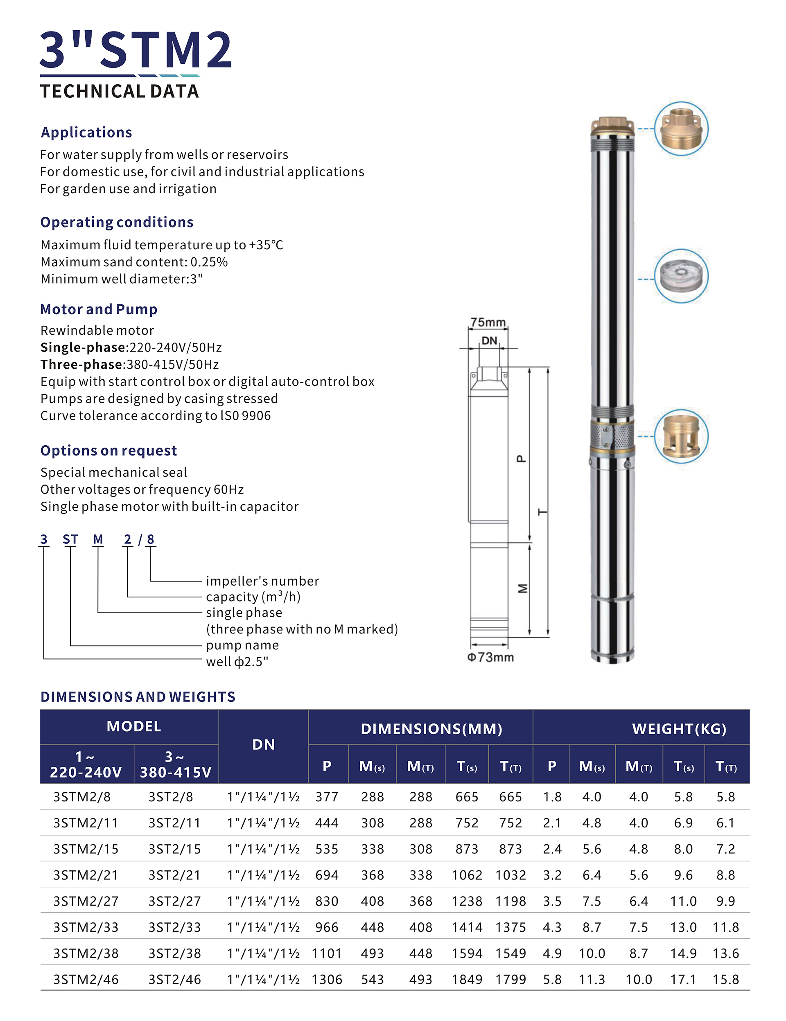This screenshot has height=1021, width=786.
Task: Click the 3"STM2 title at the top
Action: click(136, 50)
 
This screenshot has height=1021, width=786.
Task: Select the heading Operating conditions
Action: click(117, 222)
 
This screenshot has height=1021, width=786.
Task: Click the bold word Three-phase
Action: click(82, 364)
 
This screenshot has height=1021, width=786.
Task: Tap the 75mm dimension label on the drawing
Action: click(488, 322)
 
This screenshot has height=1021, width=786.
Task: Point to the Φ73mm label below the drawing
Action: click(490, 657)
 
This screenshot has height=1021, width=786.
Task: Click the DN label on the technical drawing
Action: click(489, 340)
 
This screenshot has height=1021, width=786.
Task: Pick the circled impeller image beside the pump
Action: click(681, 276)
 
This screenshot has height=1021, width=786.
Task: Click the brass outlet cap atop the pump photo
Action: click(612, 126)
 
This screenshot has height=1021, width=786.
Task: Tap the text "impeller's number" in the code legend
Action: click(262, 581)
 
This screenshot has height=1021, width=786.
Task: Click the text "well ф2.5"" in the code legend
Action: click(237, 661)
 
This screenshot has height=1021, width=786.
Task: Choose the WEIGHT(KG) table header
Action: click(679, 729)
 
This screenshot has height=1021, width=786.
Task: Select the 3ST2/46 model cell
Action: click(174, 979)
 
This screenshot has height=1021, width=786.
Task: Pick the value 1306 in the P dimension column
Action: click(327, 979)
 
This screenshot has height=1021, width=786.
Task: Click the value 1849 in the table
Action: click(467, 979)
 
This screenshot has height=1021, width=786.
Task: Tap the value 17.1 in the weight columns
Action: click(683, 979)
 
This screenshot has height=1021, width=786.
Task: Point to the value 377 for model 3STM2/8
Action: click(327, 797)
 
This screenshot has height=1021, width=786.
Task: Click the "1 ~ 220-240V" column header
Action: click(86, 764)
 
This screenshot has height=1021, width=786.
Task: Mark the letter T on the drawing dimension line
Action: click(542, 512)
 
